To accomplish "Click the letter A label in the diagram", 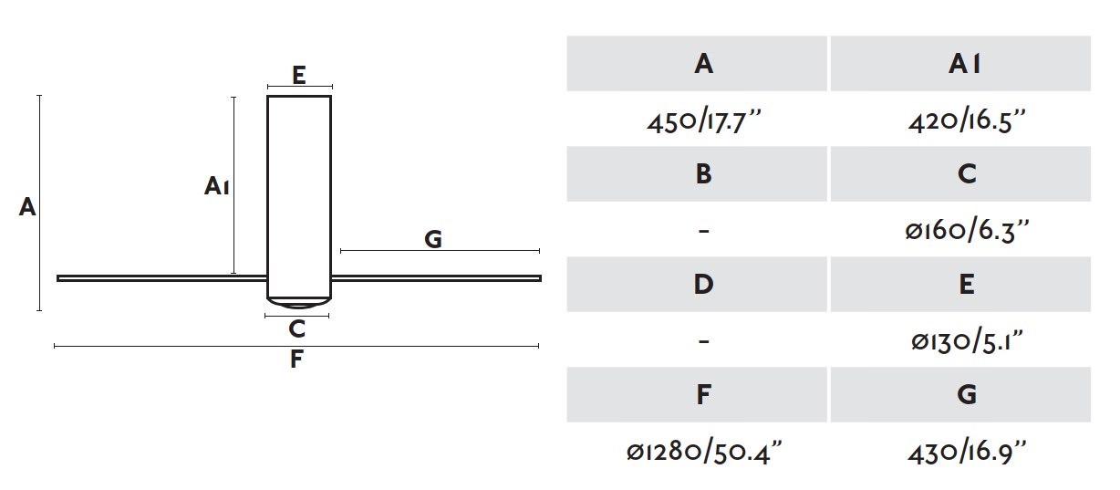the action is (27, 207).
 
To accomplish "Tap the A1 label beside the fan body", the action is (217, 185).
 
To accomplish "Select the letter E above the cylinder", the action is (298, 76).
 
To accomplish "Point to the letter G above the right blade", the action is (433, 239).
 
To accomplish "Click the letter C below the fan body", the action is (297, 329).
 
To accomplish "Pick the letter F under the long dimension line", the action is (296, 359).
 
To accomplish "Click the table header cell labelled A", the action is (697, 64).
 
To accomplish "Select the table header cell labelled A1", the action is (960, 64).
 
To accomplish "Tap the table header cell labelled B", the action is (697, 174).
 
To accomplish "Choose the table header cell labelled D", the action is (697, 285).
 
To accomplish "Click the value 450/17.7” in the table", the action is (703, 121).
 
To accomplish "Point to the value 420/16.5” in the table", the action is (967, 121).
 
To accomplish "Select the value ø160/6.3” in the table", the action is (967, 232).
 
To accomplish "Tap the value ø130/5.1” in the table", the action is (967, 342).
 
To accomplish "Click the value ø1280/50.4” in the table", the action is (703, 453).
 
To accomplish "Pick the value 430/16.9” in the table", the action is (967, 453).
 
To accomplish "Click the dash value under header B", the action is (703, 231).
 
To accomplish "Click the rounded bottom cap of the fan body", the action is (299, 303).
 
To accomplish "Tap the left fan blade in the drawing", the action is (162, 278).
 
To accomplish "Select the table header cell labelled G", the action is (960, 394).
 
